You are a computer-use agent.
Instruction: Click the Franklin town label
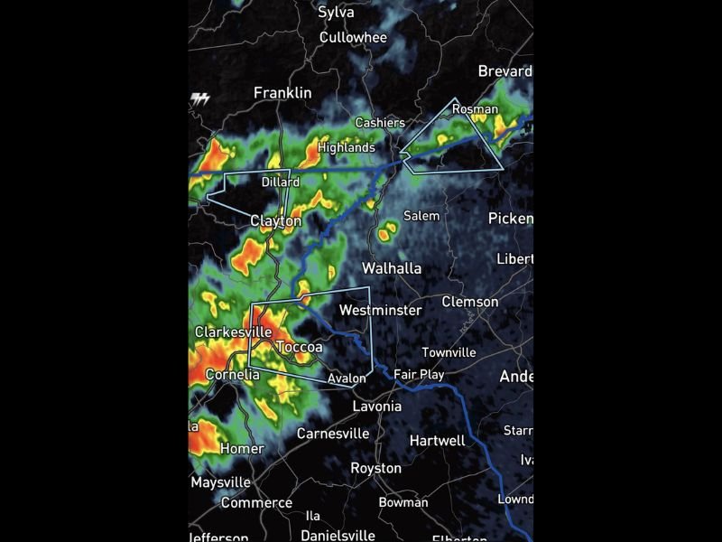point(282,93)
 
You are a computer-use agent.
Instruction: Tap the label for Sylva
point(337,13)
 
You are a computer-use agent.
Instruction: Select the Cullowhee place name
point(353,38)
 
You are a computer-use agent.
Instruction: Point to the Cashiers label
point(380,123)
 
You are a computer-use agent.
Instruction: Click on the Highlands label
point(346,147)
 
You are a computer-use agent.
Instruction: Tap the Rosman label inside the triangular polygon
point(475,109)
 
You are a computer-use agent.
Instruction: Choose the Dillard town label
point(280,182)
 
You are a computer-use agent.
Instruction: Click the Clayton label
point(275,220)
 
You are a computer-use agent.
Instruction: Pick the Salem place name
point(421,216)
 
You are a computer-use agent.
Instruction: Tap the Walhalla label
point(392,268)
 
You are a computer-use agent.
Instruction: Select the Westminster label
point(380,310)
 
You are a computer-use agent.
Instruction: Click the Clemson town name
point(469,302)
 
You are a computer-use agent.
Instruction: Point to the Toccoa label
point(299,348)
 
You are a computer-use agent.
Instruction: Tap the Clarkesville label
point(233,332)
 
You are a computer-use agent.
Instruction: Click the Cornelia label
point(233,374)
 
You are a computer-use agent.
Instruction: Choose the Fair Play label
point(419,374)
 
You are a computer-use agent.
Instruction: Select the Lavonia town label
point(376,406)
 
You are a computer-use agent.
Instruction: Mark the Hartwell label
point(437,441)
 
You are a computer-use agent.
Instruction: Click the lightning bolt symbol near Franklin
point(200,98)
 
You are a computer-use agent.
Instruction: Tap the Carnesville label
point(333,434)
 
